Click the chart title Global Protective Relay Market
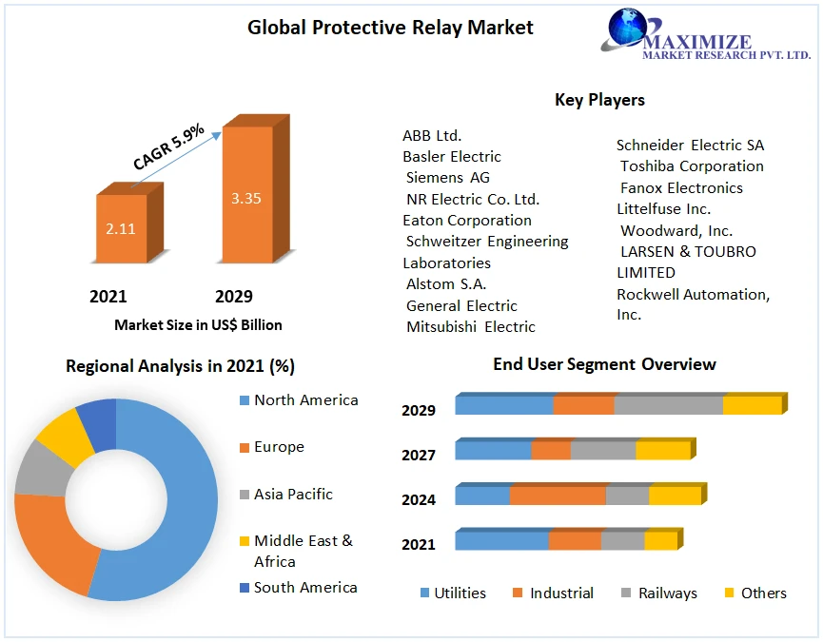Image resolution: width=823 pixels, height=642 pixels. [x=390, y=28]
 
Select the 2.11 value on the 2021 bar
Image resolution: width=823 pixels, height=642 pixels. [x=121, y=228]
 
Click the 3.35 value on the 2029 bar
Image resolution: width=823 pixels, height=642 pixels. [x=245, y=199]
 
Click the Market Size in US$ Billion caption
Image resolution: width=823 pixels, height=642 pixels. [x=198, y=325]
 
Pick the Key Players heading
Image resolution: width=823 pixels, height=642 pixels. [x=599, y=100]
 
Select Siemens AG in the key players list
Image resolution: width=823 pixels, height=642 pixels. [x=448, y=178]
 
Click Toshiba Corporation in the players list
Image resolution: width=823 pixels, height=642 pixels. [x=692, y=166]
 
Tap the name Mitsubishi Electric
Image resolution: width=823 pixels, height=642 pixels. [x=471, y=327]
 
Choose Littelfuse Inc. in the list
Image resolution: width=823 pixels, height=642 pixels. [x=663, y=209]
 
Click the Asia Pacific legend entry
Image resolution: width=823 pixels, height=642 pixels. [x=293, y=495]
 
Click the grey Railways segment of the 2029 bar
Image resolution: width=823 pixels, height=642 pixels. [x=668, y=405]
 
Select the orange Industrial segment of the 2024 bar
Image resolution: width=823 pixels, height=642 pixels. [x=558, y=496]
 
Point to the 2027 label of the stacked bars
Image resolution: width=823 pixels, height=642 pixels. [x=419, y=456]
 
